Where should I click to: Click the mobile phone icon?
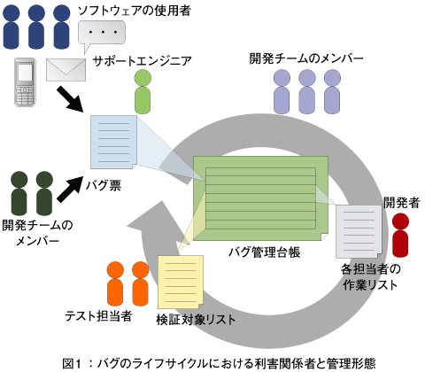[x=26, y=81]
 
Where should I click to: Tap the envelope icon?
[x=66, y=70]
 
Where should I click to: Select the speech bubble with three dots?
[x=101, y=35]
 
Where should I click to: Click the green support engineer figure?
[x=143, y=91]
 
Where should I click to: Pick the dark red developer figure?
[x=400, y=235]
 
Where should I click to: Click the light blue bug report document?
[x=114, y=142]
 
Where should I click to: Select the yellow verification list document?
[x=181, y=282]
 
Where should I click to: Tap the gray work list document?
[x=359, y=231]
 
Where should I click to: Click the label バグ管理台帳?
[x=265, y=252]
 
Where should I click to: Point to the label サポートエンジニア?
[x=143, y=61]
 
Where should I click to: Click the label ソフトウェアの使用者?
[x=134, y=11]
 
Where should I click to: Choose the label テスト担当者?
[x=98, y=316]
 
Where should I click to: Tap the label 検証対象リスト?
[x=196, y=320]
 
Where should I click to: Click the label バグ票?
[x=104, y=185]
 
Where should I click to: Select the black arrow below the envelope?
[x=70, y=98]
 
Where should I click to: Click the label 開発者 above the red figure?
[x=402, y=203]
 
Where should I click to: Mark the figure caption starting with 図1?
[x=219, y=363]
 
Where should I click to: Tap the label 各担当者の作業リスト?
[x=370, y=277]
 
